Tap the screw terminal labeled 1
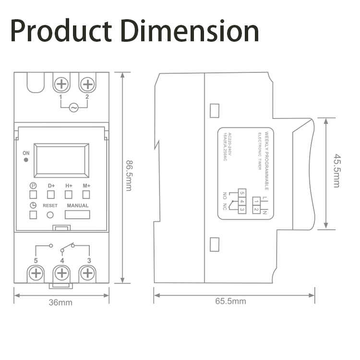[x=61, y=84]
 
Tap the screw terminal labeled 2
[x=87, y=84]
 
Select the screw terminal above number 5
[x=36, y=274]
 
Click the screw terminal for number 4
[x=61, y=274]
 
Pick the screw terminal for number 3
[x=87, y=274]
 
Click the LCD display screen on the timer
[x=61, y=160]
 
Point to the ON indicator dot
[x=26, y=159]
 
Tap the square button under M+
[x=86, y=194]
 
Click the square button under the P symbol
[x=33, y=194]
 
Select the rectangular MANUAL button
[x=77, y=215]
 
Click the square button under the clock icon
[x=33, y=215]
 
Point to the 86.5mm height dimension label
[x=129, y=176]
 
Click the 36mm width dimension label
[x=61, y=302]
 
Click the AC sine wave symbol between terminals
[x=74, y=108]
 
